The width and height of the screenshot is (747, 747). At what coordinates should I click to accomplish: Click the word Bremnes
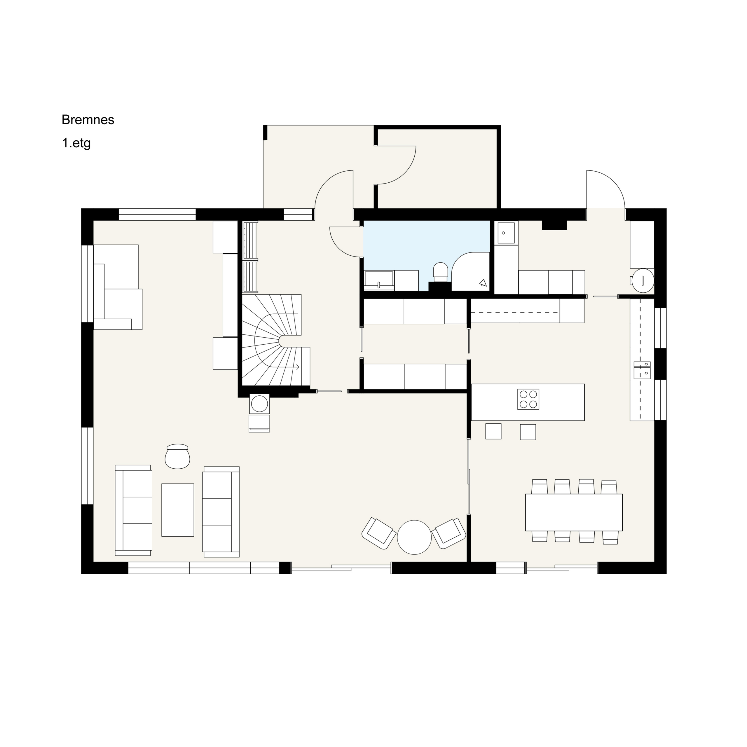88,120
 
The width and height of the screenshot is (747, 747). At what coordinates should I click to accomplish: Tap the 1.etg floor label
76,143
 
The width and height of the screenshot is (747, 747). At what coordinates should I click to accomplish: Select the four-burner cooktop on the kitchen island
528,399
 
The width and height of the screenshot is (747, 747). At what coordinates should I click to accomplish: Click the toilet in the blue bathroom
440,272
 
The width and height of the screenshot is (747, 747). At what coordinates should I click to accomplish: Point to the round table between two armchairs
414,537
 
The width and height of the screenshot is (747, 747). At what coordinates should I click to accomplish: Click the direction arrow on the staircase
286,367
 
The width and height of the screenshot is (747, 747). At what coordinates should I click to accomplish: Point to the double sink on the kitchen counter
642,370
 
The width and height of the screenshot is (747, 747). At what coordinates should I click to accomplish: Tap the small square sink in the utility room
505,233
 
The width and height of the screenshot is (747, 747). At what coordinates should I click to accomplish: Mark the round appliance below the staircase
259,404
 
